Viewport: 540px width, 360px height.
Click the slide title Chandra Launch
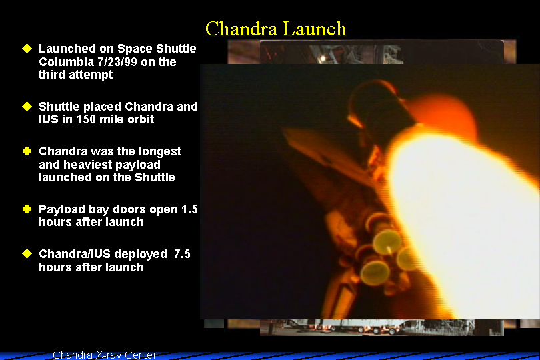click(276, 29)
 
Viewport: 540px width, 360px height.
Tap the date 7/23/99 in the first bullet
click(113, 62)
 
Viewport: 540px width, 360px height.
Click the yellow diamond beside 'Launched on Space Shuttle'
click(27, 48)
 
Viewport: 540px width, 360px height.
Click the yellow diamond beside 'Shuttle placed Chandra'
click(27, 107)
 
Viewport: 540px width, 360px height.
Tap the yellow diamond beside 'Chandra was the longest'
click(27, 151)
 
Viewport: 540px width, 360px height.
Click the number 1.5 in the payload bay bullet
click(189, 209)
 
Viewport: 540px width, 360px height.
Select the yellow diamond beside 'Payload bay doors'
click(27, 209)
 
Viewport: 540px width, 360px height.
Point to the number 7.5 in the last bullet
click(182, 254)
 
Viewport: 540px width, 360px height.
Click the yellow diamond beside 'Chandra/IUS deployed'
click(27, 254)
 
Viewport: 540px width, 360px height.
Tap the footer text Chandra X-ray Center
click(105, 355)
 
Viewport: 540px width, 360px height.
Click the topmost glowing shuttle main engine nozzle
click(387, 241)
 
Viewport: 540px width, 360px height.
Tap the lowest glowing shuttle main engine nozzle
click(375, 273)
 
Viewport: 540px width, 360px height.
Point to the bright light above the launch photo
click(323, 58)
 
